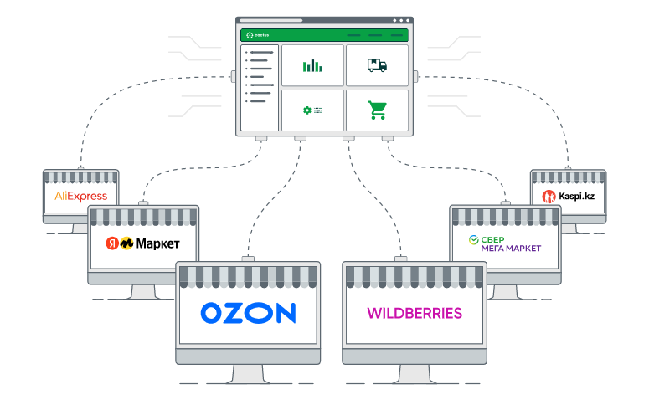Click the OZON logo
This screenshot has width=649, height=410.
pyautogui.click(x=248, y=313)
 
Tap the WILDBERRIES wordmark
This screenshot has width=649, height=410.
pyautogui.click(x=415, y=314)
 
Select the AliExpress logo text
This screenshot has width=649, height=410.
pyautogui.click(x=80, y=197)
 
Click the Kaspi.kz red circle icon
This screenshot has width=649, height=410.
pyautogui.click(x=549, y=197)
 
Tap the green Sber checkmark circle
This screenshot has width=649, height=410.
pyautogui.click(x=473, y=240)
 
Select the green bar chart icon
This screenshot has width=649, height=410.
pyautogui.click(x=312, y=65)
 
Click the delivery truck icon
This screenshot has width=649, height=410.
pyautogui.click(x=377, y=65)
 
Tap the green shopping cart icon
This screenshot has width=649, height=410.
pyautogui.click(x=377, y=110)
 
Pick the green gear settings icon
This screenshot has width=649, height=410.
pyautogui.click(x=306, y=110)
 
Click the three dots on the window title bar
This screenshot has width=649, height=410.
pyautogui.click(x=400, y=20)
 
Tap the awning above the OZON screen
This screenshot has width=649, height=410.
pyautogui.click(x=248, y=277)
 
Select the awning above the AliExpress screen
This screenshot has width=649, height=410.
pyautogui.click(x=80, y=177)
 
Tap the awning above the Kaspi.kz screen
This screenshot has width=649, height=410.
pyautogui.click(x=568, y=177)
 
